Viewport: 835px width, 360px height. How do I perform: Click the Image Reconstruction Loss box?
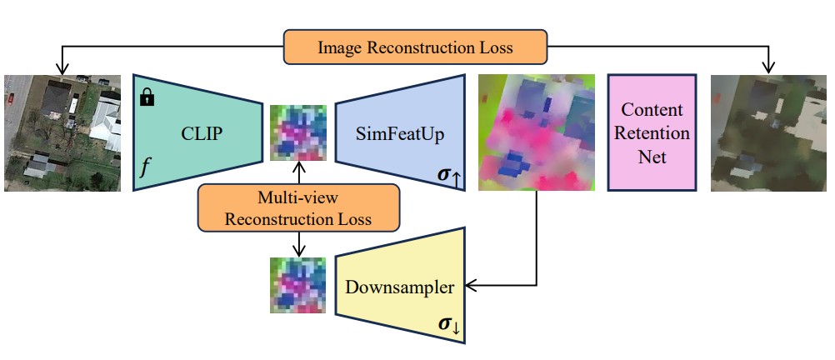click(415, 47)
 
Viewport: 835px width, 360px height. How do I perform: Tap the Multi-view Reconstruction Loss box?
click(299, 207)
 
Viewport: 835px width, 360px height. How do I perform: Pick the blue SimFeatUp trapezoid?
click(399, 132)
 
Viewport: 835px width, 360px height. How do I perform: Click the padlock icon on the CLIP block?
click(147, 98)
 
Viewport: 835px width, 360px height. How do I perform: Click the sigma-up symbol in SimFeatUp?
click(447, 175)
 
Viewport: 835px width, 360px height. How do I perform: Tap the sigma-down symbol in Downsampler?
click(449, 326)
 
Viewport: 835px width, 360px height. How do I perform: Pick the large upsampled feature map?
click(536, 133)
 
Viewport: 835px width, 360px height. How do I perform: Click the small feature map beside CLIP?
click(298, 132)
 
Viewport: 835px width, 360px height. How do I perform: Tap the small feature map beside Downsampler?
click(298, 285)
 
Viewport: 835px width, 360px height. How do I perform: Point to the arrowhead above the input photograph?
click(61, 68)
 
